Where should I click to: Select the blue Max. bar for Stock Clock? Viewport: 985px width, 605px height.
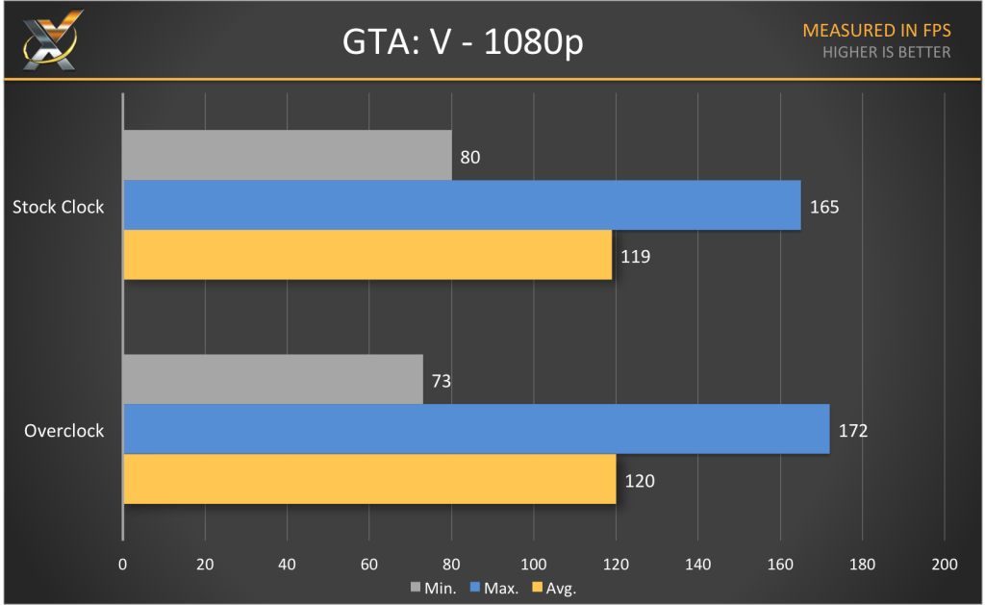point(462,205)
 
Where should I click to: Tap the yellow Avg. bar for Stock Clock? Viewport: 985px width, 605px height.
point(367,255)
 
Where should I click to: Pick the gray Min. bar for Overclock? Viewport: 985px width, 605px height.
point(273,379)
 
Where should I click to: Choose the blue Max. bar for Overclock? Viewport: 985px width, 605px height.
point(476,429)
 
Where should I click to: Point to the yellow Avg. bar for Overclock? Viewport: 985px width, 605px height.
point(369,479)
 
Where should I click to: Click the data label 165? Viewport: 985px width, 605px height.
point(825,206)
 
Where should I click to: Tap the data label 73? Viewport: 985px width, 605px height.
point(442,380)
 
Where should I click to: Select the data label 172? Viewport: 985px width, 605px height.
point(853,430)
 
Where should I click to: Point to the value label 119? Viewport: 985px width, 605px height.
point(637,257)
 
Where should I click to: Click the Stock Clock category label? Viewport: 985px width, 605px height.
point(58,206)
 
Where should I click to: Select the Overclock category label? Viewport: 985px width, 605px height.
point(64,430)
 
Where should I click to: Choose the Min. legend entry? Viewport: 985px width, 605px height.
point(435,587)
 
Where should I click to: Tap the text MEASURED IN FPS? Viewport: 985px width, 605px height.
point(876,31)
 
